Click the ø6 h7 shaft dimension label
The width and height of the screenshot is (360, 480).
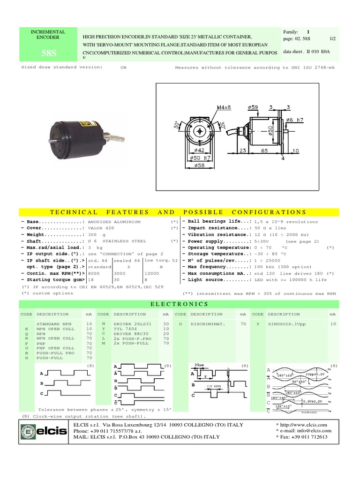pos(294,120)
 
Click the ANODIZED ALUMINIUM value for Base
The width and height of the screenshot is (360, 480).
pos(114,222)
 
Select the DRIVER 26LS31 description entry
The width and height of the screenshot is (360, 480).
pos(133,324)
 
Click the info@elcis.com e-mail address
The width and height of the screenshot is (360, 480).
pos(309,431)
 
